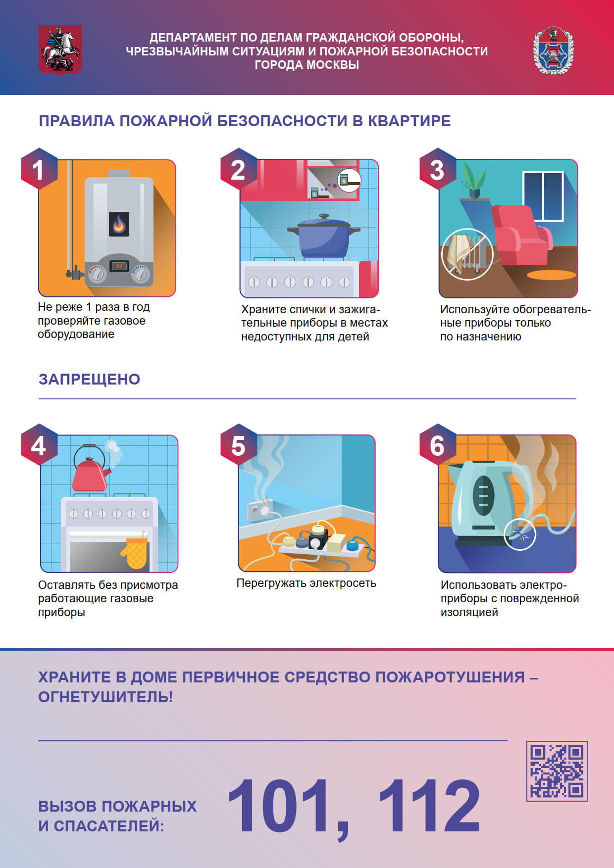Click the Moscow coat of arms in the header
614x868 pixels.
click(x=60, y=50)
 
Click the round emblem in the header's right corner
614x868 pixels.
click(x=554, y=50)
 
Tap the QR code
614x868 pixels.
click(x=557, y=771)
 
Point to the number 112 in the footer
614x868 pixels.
click(x=429, y=805)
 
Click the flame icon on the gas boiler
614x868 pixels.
click(x=119, y=224)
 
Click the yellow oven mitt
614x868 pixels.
click(x=135, y=553)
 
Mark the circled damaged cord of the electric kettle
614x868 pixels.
click(x=520, y=534)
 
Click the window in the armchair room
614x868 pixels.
click(x=543, y=196)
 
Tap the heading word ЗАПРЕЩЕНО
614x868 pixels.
click(x=89, y=379)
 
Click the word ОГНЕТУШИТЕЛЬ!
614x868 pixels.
click(x=105, y=697)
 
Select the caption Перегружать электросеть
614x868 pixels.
click(x=306, y=583)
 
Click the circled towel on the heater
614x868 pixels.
click(x=467, y=254)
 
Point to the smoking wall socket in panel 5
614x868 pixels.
click(x=260, y=509)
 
